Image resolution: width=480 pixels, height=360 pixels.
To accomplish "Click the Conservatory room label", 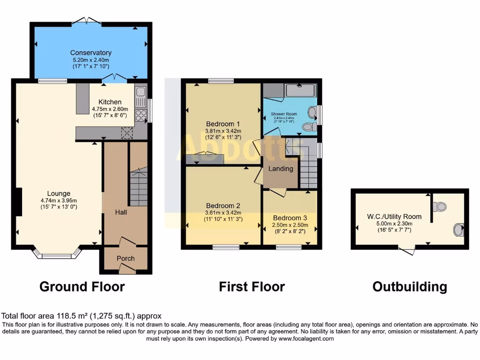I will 91,52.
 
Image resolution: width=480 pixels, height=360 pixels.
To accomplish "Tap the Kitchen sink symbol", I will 140,97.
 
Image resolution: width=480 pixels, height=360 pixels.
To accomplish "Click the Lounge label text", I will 59,193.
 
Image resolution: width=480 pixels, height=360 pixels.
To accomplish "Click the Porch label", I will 126,258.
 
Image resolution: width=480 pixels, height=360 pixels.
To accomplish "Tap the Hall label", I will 121,212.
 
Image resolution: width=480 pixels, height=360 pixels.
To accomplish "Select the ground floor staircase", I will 138,187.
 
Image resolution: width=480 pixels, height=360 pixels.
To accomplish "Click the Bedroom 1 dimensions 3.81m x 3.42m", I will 223,131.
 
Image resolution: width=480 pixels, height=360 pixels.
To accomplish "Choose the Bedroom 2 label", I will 223,205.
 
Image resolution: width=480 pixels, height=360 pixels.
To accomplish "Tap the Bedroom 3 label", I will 290,217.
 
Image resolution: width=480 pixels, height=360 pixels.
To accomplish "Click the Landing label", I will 281,169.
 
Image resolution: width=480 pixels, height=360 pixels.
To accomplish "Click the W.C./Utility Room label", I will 394,217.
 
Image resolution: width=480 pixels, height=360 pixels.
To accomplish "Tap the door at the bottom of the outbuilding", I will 407,251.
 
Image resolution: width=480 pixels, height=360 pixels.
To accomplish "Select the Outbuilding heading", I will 409,286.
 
